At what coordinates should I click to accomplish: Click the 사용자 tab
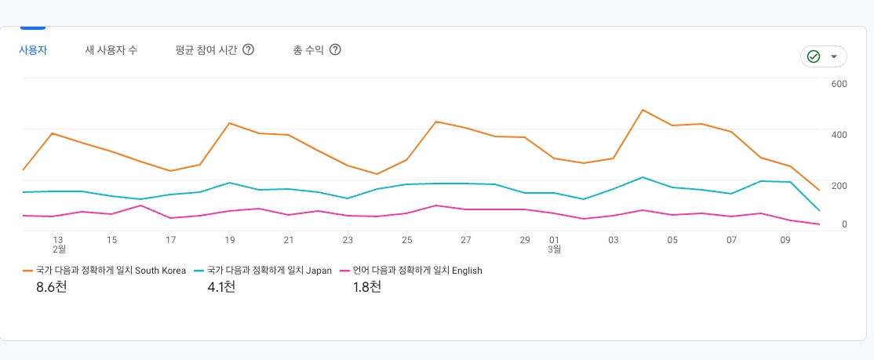point(33,50)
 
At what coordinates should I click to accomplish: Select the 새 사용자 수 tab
point(111,50)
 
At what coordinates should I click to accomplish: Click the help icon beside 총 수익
point(335,50)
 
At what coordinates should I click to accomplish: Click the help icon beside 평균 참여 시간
point(248,50)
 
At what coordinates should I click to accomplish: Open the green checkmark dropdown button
point(823,56)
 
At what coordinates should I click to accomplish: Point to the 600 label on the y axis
point(839,85)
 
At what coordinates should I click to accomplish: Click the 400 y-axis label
point(839,135)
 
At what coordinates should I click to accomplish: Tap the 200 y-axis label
point(839,186)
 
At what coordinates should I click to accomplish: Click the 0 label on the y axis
point(843,225)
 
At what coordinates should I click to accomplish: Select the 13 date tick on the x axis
point(58,240)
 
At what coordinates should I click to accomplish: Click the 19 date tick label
point(230,240)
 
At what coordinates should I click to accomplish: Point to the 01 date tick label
point(554,240)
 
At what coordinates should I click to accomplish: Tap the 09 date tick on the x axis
point(785,240)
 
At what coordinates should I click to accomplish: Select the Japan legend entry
point(270,271)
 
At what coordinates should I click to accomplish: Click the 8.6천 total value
point(52,287)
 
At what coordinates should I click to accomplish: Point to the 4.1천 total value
point(221,287)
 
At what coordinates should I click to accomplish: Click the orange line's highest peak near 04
point(643,110)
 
